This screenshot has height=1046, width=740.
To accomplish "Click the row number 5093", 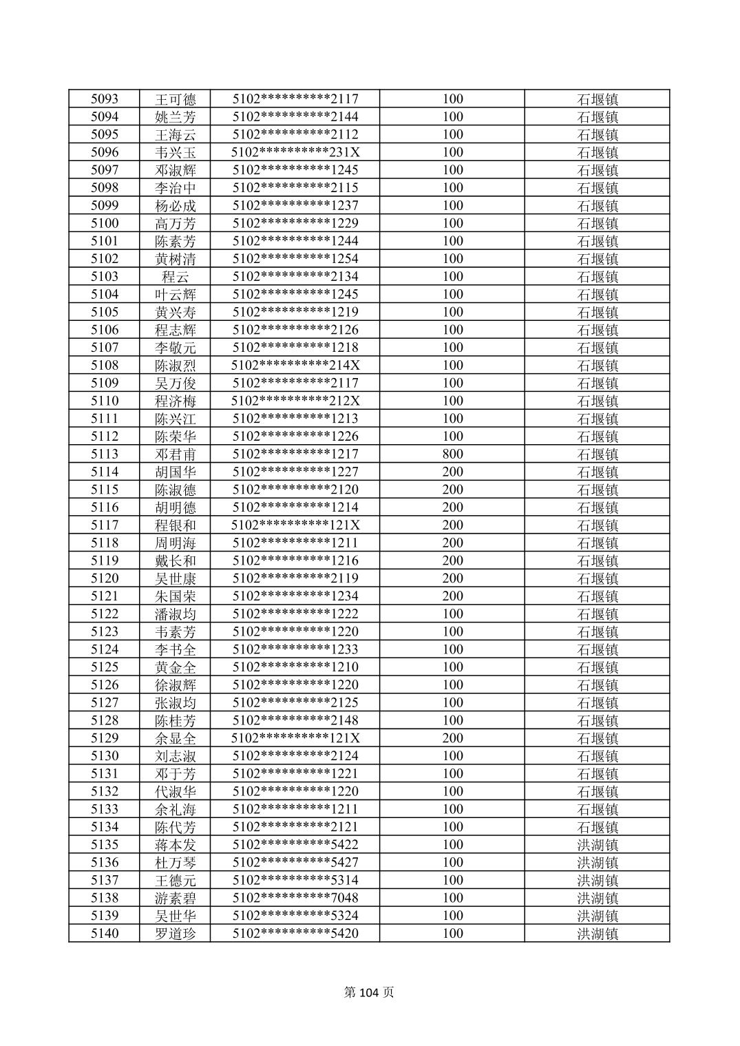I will click(105, 99).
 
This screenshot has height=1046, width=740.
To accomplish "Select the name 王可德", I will click(176, 99).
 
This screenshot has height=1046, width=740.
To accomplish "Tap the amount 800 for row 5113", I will click(452, 454).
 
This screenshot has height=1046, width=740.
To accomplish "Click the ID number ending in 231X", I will click(295, 152).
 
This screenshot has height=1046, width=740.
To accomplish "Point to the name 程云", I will click(176, 277).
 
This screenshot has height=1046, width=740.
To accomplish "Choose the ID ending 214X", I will click(295, 366).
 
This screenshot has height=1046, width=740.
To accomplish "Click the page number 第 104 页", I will click(369, 992).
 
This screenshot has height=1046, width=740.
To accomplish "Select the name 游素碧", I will click(176, 898).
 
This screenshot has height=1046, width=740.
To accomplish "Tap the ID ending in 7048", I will click(295, 898).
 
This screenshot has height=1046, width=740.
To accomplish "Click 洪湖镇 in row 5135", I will click(598, 845).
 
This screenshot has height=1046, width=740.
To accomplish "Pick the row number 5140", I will click(105, 934).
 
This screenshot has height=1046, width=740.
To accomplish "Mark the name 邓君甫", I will click(176, 454).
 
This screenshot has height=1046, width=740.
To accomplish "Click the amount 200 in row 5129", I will click(452, 738).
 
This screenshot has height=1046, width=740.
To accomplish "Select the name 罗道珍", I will click(176, 934).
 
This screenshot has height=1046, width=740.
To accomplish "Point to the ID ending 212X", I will click(295, 401).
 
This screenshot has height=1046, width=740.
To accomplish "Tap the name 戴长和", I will click(176, 561).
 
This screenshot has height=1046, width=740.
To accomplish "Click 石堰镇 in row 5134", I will click(598, 827).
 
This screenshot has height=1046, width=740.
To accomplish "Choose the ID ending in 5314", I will click(295, 880).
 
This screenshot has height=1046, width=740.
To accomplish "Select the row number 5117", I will click(105, 525).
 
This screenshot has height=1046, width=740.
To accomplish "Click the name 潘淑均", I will click(176, 614).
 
